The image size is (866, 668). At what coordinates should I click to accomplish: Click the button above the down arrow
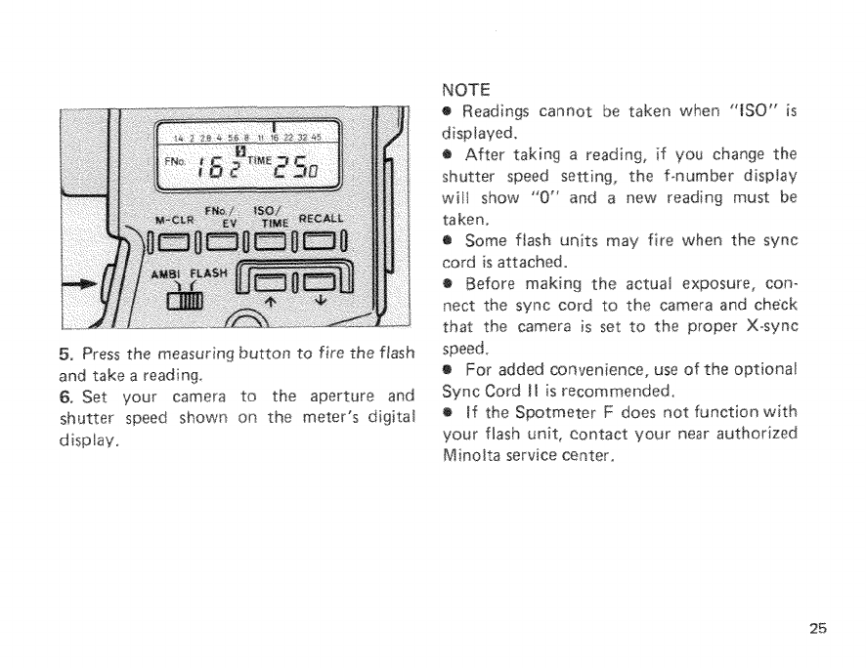(x=316, y=288)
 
